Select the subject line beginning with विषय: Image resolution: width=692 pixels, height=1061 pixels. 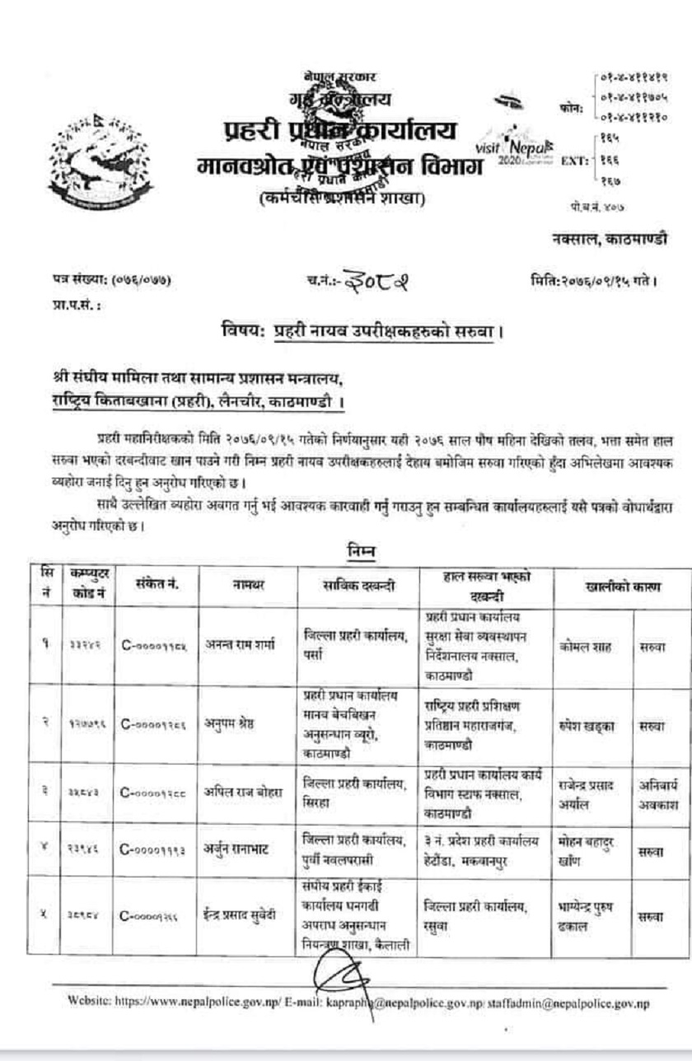click(362, 333)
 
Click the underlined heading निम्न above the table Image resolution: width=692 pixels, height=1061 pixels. click(358, 547)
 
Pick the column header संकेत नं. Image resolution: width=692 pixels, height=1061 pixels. click(157, 586)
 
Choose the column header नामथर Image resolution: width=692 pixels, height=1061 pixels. click(245, 587)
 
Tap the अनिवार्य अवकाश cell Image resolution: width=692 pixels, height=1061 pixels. click(661, 793)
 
